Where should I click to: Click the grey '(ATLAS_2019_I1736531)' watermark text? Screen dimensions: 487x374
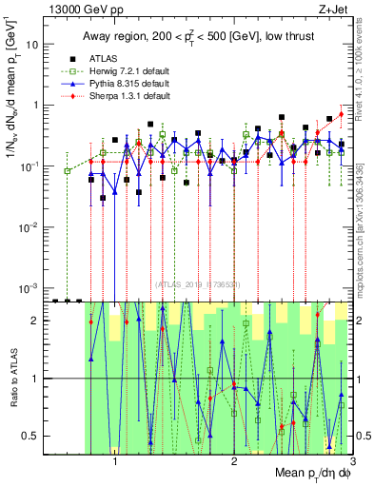199,283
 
